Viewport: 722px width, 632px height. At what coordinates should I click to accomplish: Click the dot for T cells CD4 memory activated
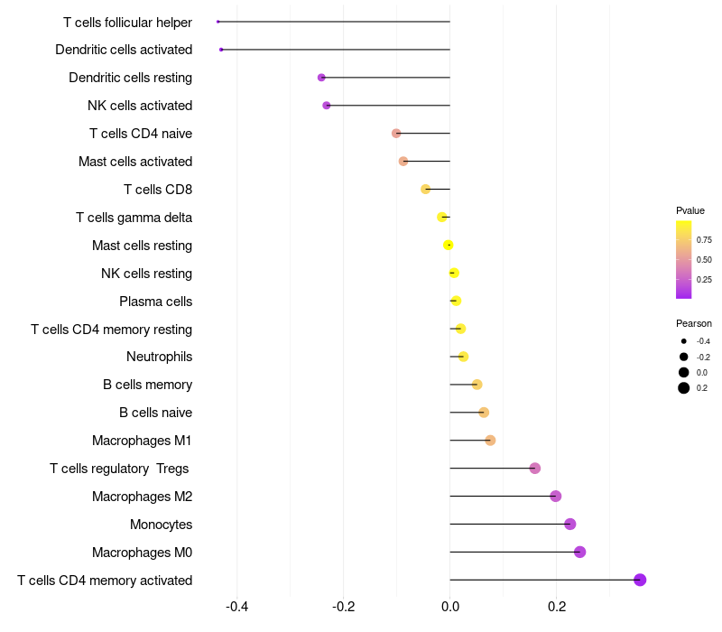pyautogui.click(x=640, y=580)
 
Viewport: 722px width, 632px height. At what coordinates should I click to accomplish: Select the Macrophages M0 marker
pyautogui.click(x=579, y=552)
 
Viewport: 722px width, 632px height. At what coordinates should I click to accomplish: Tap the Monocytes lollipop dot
pyautogui.click(x=569, y=524)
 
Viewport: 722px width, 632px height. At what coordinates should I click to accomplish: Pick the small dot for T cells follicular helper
pyautogui.click(x=218, y=22)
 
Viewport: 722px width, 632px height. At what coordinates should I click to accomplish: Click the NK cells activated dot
pyautogui.click(x=327, y=106)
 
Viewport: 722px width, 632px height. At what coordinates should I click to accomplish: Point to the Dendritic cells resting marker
pyautogui.click(x=321, y=78)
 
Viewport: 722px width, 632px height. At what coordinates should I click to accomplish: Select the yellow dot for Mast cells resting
pyautogui.click(x=448, y=245)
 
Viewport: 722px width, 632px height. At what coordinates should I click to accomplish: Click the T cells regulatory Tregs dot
pyautogui.click(x=535, y=468)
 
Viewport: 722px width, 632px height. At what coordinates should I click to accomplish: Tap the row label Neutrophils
pyautogui.click(x=159, y=357)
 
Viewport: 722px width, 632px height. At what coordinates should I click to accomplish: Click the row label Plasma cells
pyautogui.click(x=155, y=301)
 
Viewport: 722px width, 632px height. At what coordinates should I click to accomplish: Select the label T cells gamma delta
pyautogui.click(x=134, y=218)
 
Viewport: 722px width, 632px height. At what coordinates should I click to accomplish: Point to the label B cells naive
pyautogui.click(x=155, y=413)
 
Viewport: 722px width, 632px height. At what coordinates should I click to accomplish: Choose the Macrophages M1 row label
pyautogui.click(x=142, y=441)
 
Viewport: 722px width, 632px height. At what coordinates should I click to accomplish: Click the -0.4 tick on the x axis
pyautogui.click(x=236, y=606)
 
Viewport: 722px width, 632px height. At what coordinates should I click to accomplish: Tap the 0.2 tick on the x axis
pyautogui.click(x=556, y=606)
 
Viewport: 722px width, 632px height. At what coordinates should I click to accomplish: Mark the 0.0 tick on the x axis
pyautogui.click(x=449, y=606)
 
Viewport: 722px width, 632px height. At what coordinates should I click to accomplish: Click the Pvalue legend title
pyautogui.click(x=690, y=210)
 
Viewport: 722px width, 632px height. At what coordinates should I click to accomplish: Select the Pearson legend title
pyautogui.click(x=694, y=323)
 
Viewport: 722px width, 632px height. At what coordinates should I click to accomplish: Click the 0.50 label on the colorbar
pyautogui.click(x=704, y=260)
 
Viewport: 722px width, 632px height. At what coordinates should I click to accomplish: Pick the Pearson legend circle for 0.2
pyautogui.click(x=684, y=388)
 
